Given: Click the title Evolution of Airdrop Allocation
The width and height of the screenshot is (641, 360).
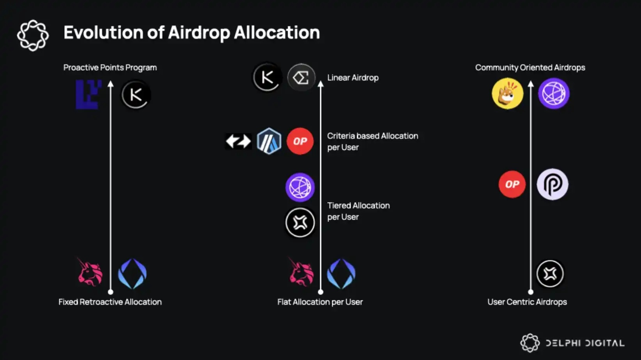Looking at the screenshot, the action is [192, 32].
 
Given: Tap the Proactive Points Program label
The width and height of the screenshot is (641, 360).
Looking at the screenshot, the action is [110, 68].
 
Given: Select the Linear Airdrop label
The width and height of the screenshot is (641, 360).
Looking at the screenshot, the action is [353, 78].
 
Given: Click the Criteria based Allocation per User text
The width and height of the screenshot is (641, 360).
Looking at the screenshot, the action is [373, 141].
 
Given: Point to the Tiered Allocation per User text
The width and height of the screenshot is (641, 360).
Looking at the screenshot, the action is [359, 211].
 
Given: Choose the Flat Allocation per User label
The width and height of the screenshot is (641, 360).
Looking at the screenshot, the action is [320, 302].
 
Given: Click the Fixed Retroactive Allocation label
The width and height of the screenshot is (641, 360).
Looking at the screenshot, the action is [110, 302].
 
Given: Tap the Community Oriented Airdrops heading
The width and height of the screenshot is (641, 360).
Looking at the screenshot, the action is [530, 68].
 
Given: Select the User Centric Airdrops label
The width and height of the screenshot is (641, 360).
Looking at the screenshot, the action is [527, 302].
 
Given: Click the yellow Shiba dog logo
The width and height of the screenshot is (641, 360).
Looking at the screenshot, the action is [508, 94].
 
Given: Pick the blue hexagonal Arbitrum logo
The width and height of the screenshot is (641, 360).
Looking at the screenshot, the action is [269, 141].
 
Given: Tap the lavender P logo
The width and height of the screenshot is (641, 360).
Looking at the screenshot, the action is [552, 184].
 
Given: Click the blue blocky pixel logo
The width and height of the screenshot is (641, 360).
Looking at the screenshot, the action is [89, 94].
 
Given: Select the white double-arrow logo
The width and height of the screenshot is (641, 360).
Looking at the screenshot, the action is [238, 141].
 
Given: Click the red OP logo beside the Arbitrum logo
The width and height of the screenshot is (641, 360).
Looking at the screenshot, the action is [300, 141].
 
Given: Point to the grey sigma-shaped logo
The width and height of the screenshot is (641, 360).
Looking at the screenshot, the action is [301, 78].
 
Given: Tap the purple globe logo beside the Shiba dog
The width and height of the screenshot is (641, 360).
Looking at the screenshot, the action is [554, 94].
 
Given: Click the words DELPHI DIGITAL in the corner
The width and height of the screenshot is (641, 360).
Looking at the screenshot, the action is [585, 343].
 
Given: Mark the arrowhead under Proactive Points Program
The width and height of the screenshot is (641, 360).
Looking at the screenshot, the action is [111, 83].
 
